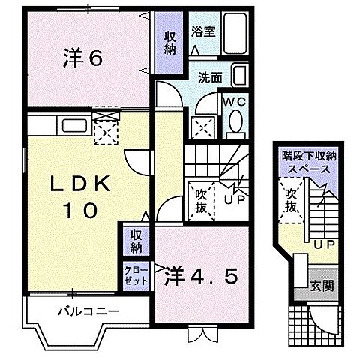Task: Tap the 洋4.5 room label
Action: coord(202,276)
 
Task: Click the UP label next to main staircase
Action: coord(232,200)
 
